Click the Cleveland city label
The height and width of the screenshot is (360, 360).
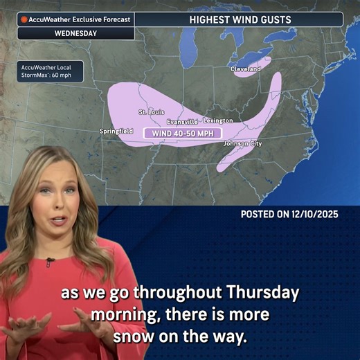246,69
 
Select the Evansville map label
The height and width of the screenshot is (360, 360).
181,121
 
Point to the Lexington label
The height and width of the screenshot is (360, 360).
218,120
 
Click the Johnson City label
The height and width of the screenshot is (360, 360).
242,143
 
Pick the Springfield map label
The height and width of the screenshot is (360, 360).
116,130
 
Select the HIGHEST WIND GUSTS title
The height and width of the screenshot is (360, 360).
239,20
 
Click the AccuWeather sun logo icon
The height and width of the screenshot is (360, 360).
24,19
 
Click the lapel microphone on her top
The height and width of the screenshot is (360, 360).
50,262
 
